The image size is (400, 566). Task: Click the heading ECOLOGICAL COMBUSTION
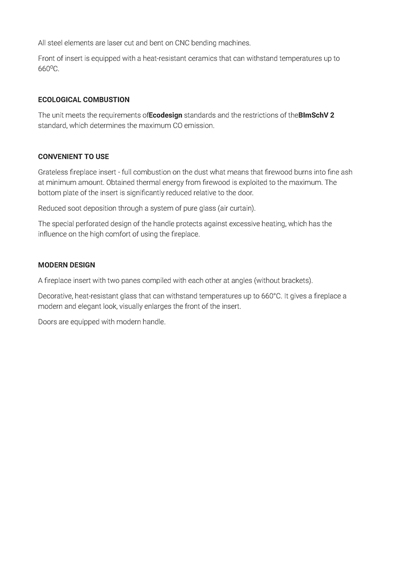pyautogui.click(x=83, y=100)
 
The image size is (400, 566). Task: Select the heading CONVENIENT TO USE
pyautogui.click(x=73, y=157)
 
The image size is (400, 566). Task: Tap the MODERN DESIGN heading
pyautogui.click(x=67, y=265)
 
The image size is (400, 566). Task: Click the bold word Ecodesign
pyautogui.click(x=165, y=115)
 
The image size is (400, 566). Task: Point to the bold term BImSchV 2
pyautogui.click(x=316, y=115)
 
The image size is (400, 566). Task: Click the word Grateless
pyautogui.click(x=53, y=172)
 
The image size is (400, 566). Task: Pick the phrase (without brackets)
pyautogui.click(x=283, y=281)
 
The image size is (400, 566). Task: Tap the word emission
pyautogui.click(x=200, y=126)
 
